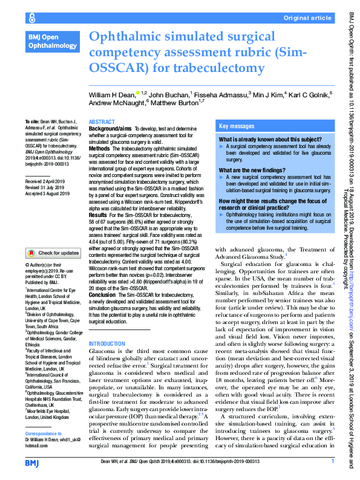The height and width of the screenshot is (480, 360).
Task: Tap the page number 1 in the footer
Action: tap(333, 461)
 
